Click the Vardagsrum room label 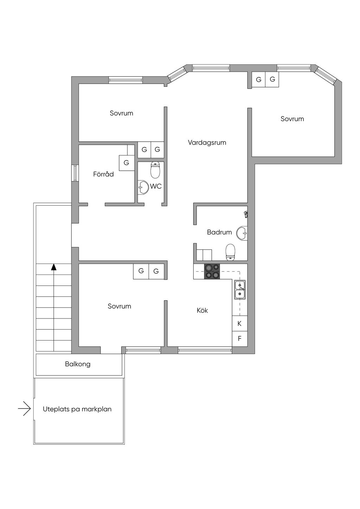point(207,143)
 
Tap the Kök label point(202,310)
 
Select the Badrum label point(219,232)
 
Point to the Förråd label point(103,174)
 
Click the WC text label point(156,186)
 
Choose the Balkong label point(78,364)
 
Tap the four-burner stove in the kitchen point(212,271)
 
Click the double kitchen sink point(240,290)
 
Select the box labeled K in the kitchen point(239,323)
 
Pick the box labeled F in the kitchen point(239,339)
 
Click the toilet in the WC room point(155,170)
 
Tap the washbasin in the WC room point(143,187)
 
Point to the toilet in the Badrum point(230,252)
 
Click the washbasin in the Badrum point(242,233)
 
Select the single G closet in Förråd point(126,163)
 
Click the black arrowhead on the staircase point(54,267)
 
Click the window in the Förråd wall point(75,173)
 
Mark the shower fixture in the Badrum point(245,214)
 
